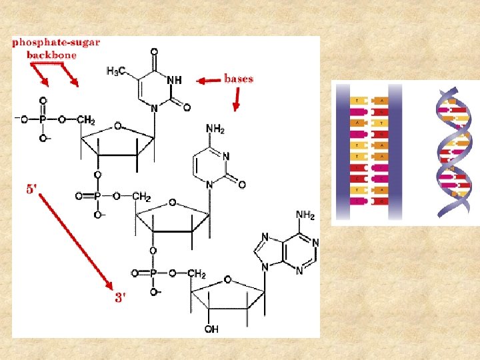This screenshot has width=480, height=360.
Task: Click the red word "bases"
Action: click(x=239, y=79)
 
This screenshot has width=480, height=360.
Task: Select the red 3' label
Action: click(x=120, y=298)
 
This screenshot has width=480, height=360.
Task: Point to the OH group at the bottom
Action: click(x=212, y=329)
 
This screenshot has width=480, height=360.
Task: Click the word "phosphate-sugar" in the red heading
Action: click(x=56, y=42)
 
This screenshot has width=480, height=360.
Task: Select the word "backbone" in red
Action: click(x=51, y=55)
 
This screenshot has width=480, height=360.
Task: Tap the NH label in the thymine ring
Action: click(x=174, y=79)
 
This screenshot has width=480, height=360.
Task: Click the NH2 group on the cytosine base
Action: click(x=215, y=129)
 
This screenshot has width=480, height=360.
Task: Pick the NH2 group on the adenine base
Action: click(x=305, y=215)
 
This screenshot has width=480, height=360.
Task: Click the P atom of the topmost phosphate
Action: click(x=43, y=119)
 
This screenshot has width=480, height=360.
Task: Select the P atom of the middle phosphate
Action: click(x=97, y=197)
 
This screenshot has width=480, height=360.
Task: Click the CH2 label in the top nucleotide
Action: click(x=86, y=120)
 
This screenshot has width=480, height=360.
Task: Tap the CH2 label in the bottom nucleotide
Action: click(x=197, y=274)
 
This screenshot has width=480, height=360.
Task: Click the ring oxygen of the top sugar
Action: click(x=117, y=125)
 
